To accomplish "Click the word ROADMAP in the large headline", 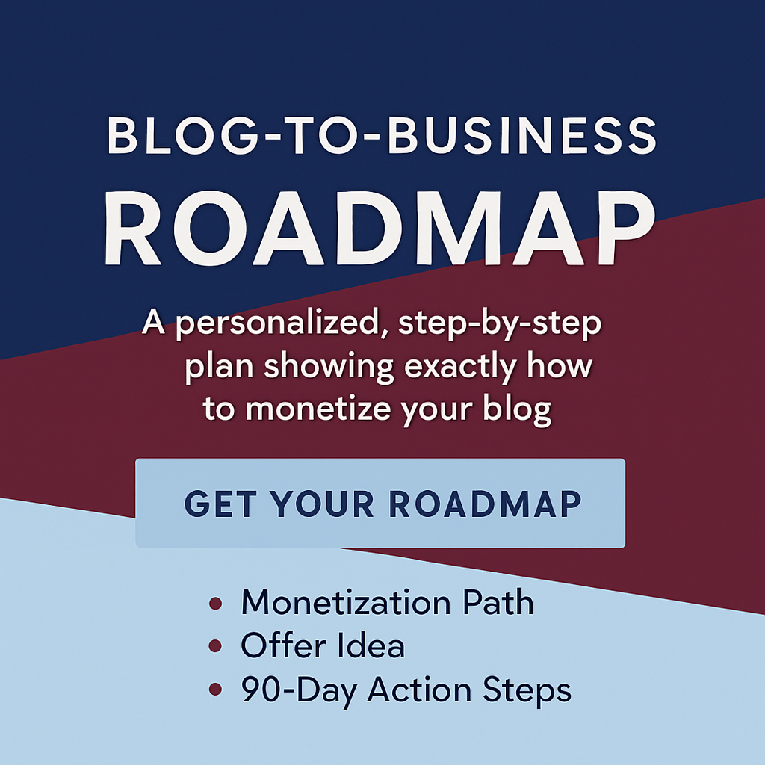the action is coord(379,229).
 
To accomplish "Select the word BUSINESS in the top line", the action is coord(522,136).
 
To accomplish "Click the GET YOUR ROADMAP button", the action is coord(380,503).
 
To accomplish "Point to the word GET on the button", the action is coord(220,504).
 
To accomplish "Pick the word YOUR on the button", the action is coord(322,504).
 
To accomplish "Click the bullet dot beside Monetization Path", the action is coord(216,604).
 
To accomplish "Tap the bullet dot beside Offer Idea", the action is coord(215,646).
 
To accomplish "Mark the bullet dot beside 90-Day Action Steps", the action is coord(215,689).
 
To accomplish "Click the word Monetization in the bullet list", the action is coord(346,602).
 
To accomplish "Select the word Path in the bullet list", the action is coord(498,602).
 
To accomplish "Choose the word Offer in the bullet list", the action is coord(283,645).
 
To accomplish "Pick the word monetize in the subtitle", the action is coord(318,409).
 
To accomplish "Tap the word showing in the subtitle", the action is coord(329,367).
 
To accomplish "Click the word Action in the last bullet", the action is coord(419,689).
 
